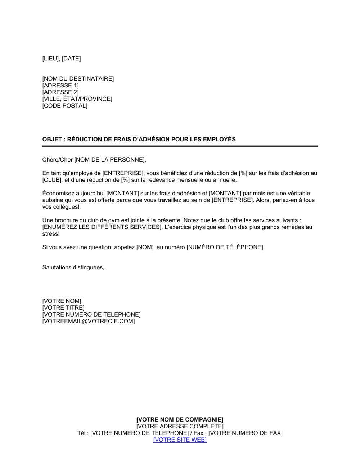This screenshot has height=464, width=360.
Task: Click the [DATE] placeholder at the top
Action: pos(71,59)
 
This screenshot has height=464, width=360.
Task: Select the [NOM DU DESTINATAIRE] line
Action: pos(78,79)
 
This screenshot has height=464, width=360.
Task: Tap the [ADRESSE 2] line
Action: pos(60,92)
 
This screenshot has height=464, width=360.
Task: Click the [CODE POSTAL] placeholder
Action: pos(65,106)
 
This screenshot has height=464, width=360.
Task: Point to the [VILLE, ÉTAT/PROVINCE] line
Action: pos(77,99)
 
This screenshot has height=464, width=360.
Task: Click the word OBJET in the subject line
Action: pos(52,140)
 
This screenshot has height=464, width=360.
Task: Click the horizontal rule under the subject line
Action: pos(180,146)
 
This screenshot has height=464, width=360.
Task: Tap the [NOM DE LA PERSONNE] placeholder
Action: pos(110,160)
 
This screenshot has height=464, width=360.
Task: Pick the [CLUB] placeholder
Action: pos(52,180)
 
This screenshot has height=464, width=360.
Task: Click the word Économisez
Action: pos(58,194)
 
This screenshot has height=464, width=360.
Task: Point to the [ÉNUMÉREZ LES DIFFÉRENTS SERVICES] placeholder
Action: pos(102,227)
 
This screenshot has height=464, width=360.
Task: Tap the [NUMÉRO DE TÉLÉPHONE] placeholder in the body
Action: pos(225,247)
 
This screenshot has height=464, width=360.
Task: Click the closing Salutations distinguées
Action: pos(73,268)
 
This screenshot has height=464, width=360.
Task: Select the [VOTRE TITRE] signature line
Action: pos(63,308)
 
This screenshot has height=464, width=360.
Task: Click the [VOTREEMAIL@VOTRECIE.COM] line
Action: pos(89,321)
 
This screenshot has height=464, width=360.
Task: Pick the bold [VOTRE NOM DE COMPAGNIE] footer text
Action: pos(180,420)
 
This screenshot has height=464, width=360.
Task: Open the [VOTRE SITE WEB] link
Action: pos(180,440)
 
